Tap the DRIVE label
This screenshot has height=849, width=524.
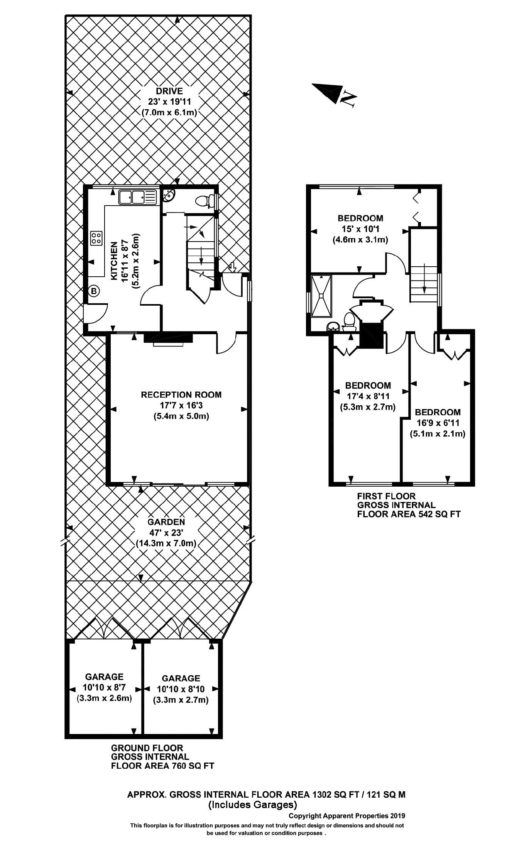coord(169,91)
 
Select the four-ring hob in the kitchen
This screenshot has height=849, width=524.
coord(96,238)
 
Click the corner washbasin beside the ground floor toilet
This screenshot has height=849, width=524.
coord(169,196)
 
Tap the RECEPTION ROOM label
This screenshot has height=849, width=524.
coord(181,395)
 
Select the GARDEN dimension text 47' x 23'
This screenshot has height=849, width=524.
coord(166,533)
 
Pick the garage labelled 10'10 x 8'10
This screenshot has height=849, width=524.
coord(181,689)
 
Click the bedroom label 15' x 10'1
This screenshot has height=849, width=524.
coord(360,229)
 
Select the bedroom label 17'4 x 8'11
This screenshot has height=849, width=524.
coord(367,396)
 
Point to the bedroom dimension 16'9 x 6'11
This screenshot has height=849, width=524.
coord(437,423)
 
